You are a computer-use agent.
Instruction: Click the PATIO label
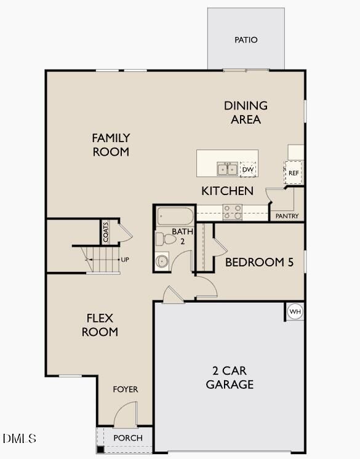click(x=246, y=40)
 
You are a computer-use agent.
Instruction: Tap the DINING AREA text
click(x=246, y=113)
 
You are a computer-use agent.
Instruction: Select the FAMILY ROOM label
click(x=111, y=145)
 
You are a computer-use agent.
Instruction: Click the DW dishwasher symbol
click(x=248, y=169)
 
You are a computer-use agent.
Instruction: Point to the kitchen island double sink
click(x=227, y=169)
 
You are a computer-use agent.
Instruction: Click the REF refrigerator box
click(x=294, y=173)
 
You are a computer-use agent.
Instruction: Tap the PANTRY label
click(x=287, y=216)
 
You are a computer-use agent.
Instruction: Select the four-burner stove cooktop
click(x=232, y=212)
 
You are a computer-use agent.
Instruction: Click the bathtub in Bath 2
click(x=175, y=217)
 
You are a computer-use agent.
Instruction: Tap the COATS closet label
click(x=106, y=232)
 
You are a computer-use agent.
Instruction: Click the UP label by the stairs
click(x=125, y=260)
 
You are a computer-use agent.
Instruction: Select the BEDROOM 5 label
click(x=259, y=262)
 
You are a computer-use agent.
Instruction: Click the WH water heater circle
click(x=295, y=312)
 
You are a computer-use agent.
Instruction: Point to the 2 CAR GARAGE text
click(x=230, y=378)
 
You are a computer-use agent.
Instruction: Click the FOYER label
click(x=126, y=389)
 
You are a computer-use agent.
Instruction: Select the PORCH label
click(x=128, y=438)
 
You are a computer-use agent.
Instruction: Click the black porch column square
click(x=100, y=449)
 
